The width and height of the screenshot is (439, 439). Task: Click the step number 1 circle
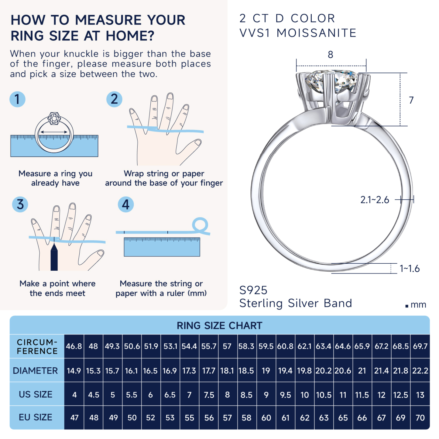[x=17, y=99]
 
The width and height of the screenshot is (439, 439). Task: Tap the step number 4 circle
[x=126, y=204]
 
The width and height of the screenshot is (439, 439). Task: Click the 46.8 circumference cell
[x=74, y=346]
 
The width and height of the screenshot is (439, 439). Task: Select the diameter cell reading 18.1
[x=227, y=371]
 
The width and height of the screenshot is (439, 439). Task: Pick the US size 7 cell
[x=189, y=395]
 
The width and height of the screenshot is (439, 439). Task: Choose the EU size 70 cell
[x=420, y=418]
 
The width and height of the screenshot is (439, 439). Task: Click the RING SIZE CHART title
[x=219, y=325]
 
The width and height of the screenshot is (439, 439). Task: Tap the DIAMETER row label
[x=35, y=371]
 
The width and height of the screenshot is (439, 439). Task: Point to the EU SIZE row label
[x=35, y=417]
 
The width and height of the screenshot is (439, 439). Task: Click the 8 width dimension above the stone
[x=331, y=55]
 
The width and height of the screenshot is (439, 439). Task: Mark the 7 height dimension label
[x=411, y=100]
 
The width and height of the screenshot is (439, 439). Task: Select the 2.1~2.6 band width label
[x=375, y=200]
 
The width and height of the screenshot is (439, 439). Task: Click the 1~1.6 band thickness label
[x=410, y=269]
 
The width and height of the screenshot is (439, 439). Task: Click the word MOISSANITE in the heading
[x=316, y=33]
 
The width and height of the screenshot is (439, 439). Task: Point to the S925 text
[x=253, y=290]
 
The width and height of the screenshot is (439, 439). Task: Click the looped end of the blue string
[x=200, y=225]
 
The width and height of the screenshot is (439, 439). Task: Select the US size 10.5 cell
[x=324, y=395]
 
